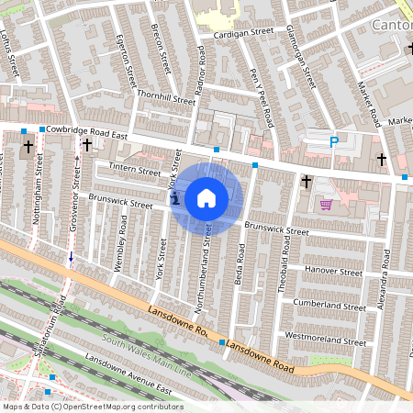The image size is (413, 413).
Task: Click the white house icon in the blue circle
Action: [206, 197]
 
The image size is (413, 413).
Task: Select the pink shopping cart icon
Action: [326, 205]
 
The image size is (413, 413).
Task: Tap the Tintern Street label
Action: [134, 169]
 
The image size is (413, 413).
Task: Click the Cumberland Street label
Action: [329, 303]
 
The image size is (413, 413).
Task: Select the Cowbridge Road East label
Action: [86, 132]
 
